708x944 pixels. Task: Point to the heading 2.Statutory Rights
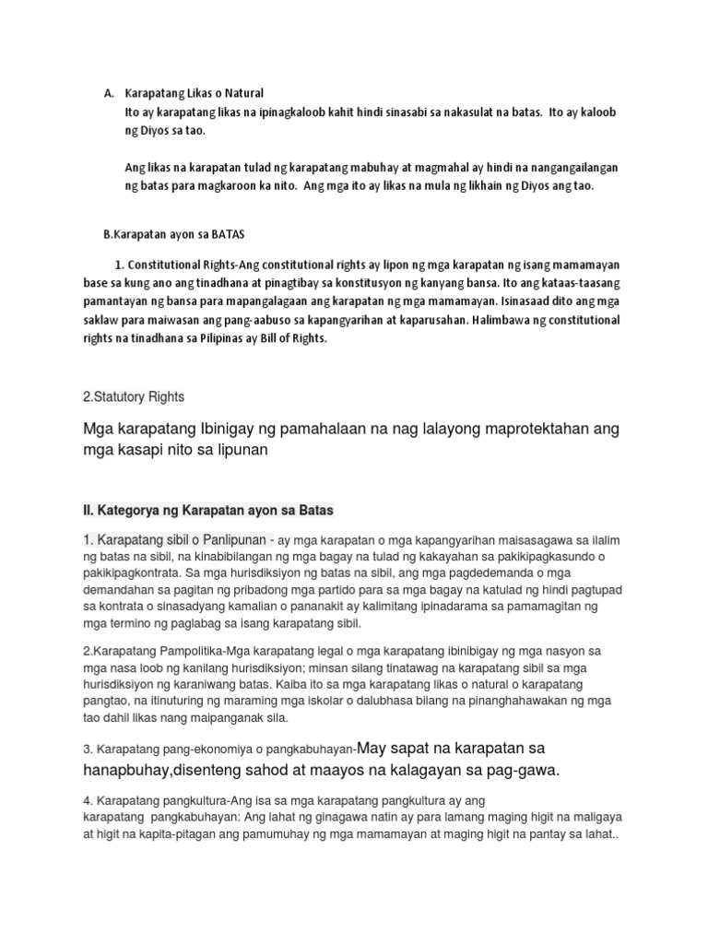(x=134, y=396)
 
